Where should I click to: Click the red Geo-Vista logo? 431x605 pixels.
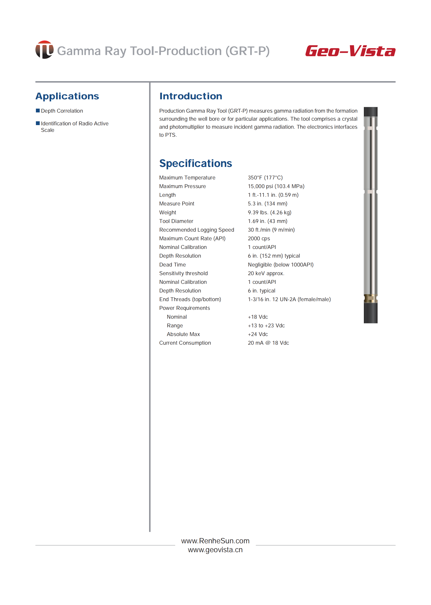point(350,51)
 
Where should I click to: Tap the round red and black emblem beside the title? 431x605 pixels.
point(44,50)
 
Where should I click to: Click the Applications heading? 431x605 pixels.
point(67,96)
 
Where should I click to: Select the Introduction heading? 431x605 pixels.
point(190,96)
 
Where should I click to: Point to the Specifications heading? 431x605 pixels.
point(195,163)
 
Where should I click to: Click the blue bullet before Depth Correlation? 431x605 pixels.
point(38,111)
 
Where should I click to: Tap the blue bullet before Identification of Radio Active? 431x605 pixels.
point(38,123)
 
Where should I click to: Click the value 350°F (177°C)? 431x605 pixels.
point(265,178)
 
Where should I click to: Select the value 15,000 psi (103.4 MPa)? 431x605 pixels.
point(276,186)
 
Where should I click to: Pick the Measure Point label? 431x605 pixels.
point(177,203)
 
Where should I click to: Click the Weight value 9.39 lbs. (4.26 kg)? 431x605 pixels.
point(269,212)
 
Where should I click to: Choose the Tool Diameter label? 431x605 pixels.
point(176,221)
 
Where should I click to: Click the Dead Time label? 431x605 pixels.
point(172,265)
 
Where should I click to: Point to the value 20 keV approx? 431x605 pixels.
point(266,273)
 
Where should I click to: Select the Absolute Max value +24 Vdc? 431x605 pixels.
point(258,334)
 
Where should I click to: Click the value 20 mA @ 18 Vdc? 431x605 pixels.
point(268,343)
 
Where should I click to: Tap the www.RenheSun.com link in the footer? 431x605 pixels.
point(215,541)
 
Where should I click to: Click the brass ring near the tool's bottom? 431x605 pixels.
point(370,298)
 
